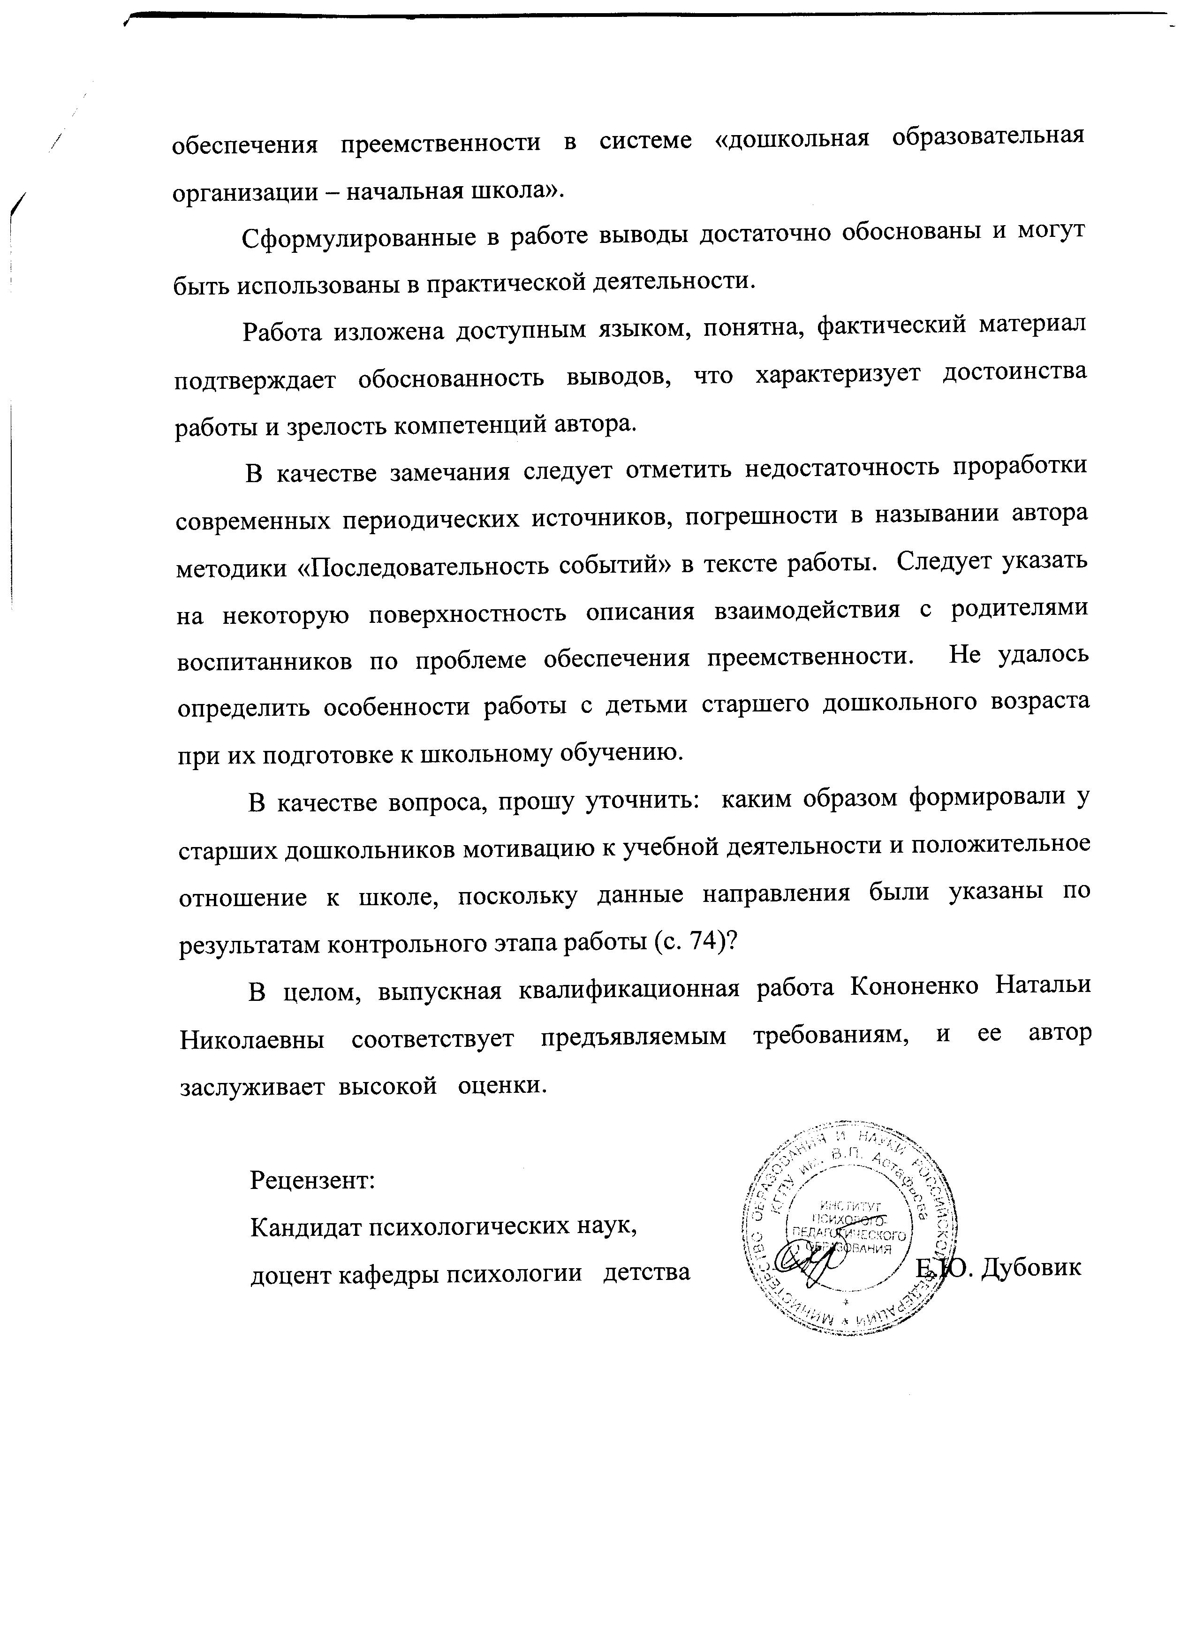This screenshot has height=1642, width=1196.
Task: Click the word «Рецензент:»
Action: click(x=312, y=1181)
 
